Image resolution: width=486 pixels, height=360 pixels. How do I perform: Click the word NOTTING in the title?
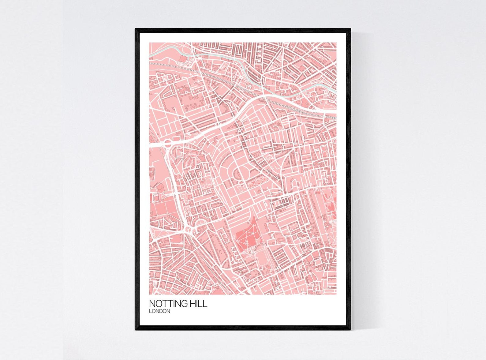point(168,304)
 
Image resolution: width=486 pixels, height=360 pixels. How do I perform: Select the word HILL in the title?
point(198,304)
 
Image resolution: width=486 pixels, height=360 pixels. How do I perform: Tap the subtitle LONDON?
point(159,311)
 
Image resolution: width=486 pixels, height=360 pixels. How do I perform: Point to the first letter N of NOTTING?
point(152,304)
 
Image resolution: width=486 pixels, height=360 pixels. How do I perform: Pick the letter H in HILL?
point(193,304)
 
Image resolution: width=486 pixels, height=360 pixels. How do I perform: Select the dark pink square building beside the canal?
point(182,58)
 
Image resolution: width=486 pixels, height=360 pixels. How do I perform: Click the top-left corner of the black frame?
point(136,29)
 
